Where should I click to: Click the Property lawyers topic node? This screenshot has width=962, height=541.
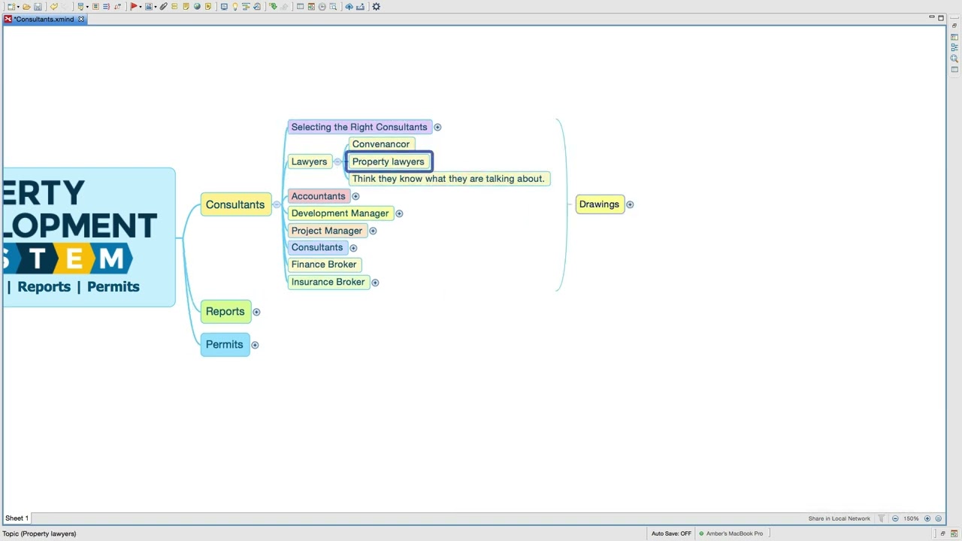[x=389, y=162]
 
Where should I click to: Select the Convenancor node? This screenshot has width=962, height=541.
[x=381, y=144]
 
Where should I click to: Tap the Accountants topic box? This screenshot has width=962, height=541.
[x=318, y=196]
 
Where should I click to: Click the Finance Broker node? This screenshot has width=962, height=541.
[x=324, y=264]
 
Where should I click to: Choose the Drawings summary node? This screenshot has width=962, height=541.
[x=600, y=204]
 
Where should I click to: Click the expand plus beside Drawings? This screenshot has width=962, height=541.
[x=630, y=204]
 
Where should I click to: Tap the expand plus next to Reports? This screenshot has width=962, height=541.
[x=256, y=312]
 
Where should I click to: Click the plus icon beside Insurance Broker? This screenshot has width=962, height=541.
[x=375, y=282]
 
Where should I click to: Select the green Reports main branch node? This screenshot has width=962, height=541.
[x=225, y=311]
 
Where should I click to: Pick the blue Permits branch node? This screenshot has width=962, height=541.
[x=225, y=344]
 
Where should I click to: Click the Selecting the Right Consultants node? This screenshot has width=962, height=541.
[x=359, y=127]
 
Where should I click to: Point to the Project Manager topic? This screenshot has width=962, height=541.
[x=327, y=231]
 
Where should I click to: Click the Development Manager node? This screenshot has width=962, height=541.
[x=340, y=213]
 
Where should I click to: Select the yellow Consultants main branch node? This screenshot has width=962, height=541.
[x=235, y=204]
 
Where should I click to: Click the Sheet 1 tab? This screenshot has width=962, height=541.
[x=17, y=518]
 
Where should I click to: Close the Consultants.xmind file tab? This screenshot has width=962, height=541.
[x=80, y=19]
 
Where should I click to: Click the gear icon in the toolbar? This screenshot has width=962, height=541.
[x=377, y=7]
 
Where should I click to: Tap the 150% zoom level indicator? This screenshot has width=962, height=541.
[x=911, y=518]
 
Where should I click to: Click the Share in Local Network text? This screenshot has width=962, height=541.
[x=839, y=518]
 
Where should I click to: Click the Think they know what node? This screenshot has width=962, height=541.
[x=449, y=179]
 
